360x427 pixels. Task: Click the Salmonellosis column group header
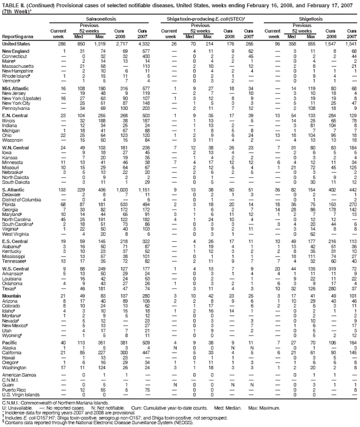point(103,17)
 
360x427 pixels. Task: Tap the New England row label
point(17,52)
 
